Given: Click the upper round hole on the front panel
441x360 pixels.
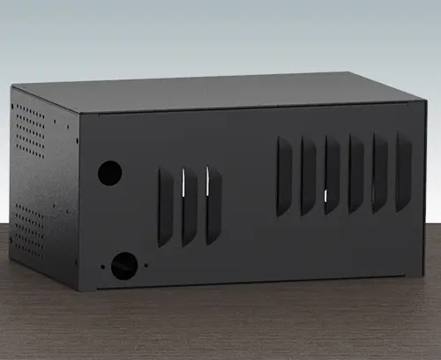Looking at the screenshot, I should click(x=109, y=172).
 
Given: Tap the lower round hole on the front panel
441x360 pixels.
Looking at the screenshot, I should click(x=124, y=265).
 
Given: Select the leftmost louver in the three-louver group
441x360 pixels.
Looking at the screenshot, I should click(x=165, y=207).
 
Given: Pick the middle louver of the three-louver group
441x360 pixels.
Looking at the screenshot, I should click(x=190, y=206).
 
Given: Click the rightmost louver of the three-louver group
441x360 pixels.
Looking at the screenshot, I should click(x=213, y=206).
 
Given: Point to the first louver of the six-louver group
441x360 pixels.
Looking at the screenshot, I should click(x=284, y=176).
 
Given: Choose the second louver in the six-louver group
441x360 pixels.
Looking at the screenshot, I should click(x=309, y=175).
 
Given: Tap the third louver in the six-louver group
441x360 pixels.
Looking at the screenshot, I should click(x=333, y=174).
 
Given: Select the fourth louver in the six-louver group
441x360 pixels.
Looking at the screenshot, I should click(x=356, y=173).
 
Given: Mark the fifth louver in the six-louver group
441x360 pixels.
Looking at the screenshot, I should click(x=380, y=172).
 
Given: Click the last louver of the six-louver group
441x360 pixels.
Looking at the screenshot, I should click(x=404, y=171).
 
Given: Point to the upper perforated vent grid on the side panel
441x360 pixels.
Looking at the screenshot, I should click(x=30, y=129).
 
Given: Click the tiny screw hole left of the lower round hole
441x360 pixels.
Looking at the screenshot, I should click(x=103, y=266).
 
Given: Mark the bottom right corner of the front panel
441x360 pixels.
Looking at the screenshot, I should click(x=426, y=275).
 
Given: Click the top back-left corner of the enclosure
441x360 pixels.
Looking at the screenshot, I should click(x=12, y=87).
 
